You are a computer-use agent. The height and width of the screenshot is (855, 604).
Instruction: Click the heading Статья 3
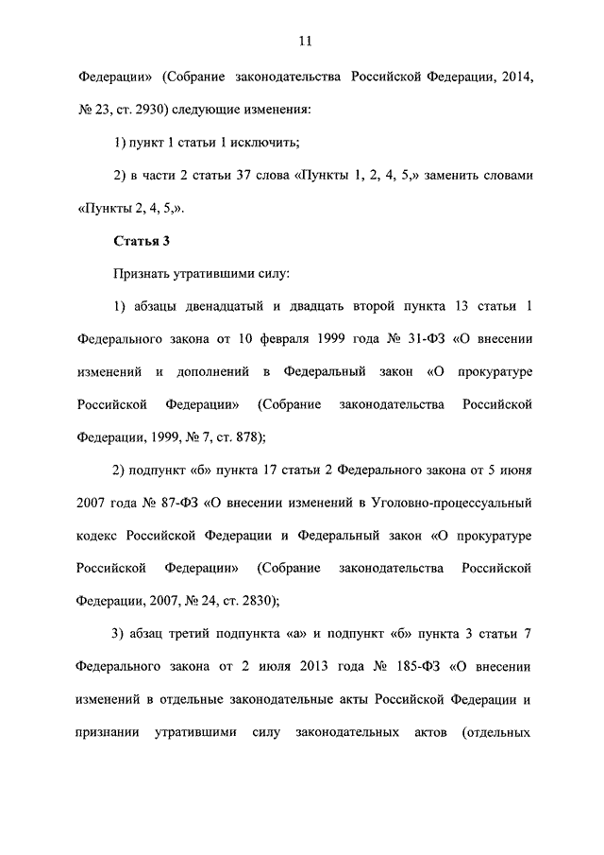click(x=141, y=240)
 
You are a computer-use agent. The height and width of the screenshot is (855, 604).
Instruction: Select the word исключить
click(x=269, y=144)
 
